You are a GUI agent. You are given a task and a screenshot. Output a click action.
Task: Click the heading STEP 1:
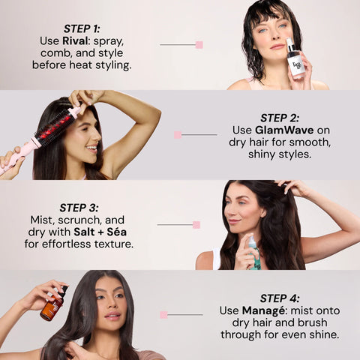(82, 28)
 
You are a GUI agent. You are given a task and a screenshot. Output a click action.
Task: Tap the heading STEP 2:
(279, 118)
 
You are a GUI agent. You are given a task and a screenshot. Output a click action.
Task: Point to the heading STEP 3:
(79, 208)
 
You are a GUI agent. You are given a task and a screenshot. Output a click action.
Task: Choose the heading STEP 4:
(279, 298)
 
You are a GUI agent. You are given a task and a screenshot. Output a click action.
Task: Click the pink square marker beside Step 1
(199, 45)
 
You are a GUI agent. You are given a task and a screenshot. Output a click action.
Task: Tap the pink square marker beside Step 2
(178, 135)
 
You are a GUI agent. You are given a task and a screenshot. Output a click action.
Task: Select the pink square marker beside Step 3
(196, 224)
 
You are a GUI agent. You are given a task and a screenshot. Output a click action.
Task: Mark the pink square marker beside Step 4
(163, 315)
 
